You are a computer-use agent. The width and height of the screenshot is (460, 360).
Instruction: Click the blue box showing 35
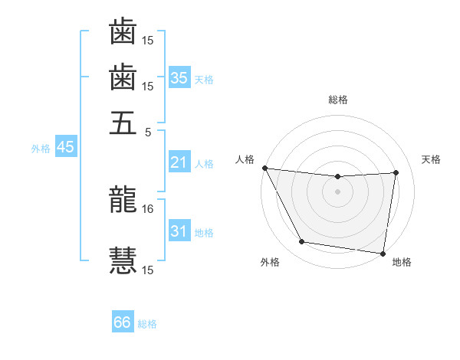point(179,77)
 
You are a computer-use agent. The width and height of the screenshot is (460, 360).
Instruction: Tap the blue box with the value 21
point(179,162)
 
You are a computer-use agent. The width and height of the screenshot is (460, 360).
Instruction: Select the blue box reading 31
point(179,231)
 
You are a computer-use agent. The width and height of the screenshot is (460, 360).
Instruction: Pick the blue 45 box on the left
point(65,147)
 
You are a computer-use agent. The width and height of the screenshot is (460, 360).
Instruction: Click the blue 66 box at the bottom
point(123,322)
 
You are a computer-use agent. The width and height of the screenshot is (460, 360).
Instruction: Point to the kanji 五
point(123,123)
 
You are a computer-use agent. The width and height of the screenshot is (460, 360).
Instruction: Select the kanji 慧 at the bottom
point(123,259)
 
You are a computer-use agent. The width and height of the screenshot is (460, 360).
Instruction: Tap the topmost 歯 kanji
point(123,32)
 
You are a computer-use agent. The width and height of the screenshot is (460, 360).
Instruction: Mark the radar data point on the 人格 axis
point(264,168)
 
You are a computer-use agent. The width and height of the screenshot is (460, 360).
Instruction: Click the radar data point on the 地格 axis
point(383,253)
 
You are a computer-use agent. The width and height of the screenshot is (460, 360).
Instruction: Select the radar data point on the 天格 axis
point(396,172)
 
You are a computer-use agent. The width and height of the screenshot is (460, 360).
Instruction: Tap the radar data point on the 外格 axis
point(302,243)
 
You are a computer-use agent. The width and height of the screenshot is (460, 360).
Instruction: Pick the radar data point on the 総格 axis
point(337,177)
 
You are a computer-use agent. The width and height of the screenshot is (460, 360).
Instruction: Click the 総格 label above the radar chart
point(338,100)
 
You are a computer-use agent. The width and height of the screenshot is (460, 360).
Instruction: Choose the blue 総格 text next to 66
point(147,324)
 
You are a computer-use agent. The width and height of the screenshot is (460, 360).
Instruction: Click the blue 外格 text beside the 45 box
point(41,149)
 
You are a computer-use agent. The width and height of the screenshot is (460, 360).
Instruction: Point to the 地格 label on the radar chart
point(402,262)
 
